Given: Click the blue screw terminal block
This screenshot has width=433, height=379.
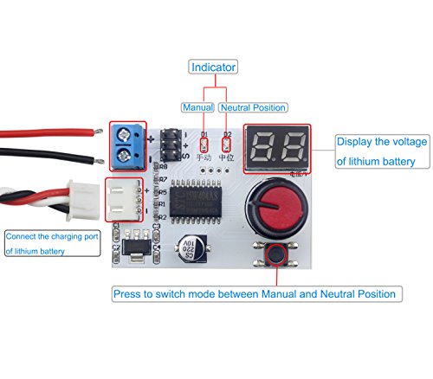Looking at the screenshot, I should click(132, 145).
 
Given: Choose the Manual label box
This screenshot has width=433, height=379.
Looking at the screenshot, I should click(197, 107).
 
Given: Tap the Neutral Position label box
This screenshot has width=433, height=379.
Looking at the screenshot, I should click(254, 107).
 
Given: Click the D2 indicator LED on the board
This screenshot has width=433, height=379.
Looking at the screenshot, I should click(227, 142).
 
